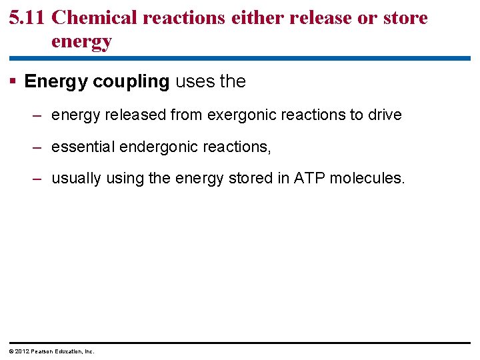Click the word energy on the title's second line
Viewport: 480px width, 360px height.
pos(81,42)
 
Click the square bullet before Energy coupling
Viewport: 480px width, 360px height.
pos(13,81)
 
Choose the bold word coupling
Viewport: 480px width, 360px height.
pos(131,82)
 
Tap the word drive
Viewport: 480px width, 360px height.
pos(385,115)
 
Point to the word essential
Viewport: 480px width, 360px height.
pos(83,147)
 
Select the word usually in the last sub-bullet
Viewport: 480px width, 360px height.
pos(76,179)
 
